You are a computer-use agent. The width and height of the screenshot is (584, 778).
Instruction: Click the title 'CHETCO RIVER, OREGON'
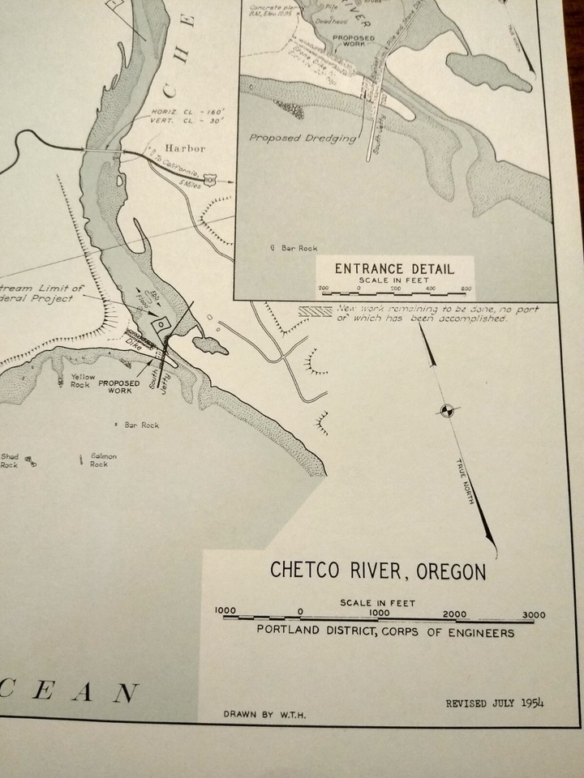point(378,571)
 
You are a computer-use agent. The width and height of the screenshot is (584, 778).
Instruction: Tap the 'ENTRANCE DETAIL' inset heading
point(395,269)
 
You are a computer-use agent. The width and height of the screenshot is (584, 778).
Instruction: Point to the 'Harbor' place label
point(181,149)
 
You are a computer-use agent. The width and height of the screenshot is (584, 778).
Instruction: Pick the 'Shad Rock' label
point(10,460)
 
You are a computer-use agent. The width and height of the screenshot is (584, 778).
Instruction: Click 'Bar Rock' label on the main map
point(143,424)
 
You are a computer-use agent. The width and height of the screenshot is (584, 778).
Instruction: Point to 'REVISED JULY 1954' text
point(495,703)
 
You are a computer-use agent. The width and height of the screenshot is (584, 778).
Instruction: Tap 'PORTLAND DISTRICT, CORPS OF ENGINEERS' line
point(385,632)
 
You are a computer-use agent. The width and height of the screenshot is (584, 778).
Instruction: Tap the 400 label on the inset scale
point(431,289)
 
